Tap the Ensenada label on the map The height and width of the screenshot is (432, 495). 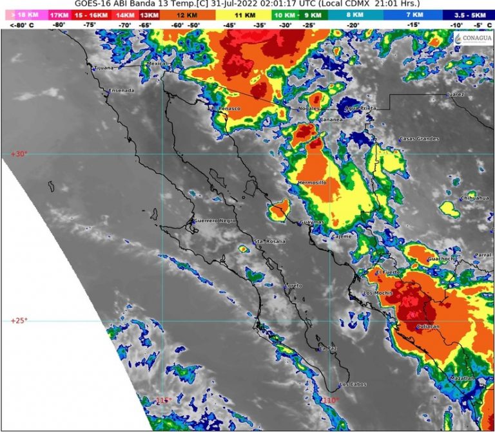pos(122,90)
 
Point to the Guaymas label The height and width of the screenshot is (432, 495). pos(311,222)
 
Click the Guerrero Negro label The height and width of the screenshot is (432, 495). pos(211,221)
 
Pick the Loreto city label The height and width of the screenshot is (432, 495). pos(293,285)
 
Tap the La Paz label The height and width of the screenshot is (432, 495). pos(328,348)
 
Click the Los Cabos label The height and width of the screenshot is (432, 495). pos(353,385)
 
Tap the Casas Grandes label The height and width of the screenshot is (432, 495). pos(419,139)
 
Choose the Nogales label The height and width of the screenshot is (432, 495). pos(308,109)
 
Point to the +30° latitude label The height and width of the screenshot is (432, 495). pos(19,154)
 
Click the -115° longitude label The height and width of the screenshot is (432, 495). pos(163,400)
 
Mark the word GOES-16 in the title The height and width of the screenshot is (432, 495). pos(93,3)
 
